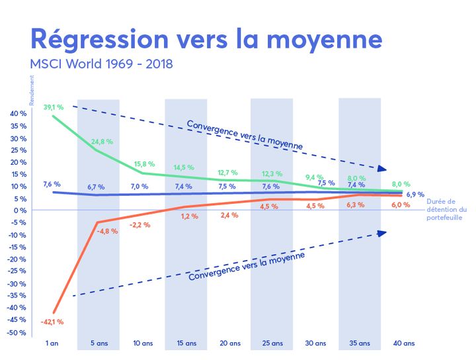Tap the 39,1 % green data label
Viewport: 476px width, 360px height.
coord(53,107)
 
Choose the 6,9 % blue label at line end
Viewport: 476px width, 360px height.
coord(415,195)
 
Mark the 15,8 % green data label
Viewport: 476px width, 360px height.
coord(143,164)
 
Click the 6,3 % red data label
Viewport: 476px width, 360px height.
coord(356,205)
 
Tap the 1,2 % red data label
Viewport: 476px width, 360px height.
coord(190,216)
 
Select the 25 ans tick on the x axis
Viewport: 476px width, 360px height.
coord(272,343)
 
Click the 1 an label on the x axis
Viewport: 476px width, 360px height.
coord(53,343)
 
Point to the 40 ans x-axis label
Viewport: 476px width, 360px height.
coord(404,343)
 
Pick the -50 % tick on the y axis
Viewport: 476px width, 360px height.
coord(17,332)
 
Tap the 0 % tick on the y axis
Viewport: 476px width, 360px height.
coord(20,210)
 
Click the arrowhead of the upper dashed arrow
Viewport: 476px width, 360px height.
coord(381,169)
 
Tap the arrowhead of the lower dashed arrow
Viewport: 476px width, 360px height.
coord(381,232)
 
